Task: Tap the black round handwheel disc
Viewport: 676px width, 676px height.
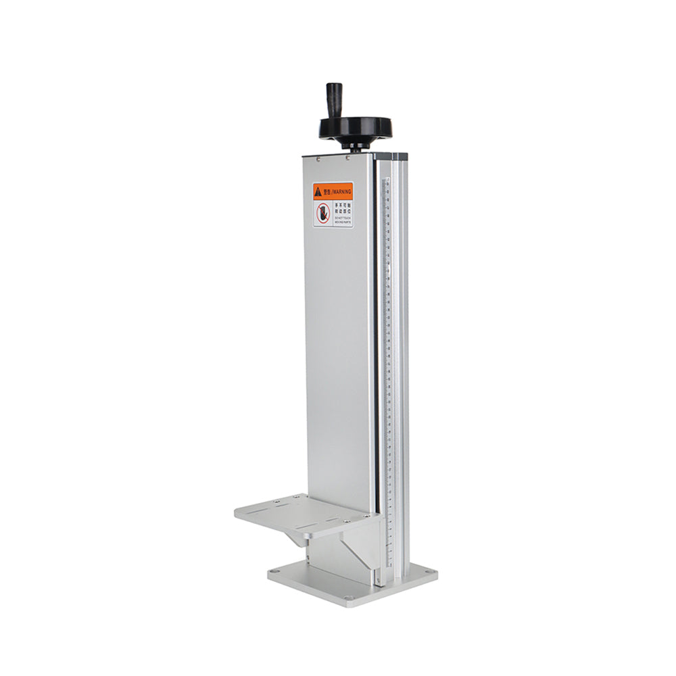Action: coord(356,127)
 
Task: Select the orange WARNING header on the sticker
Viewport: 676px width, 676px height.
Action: coord(333,191)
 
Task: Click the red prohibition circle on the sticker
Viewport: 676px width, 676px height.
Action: coord(322,214)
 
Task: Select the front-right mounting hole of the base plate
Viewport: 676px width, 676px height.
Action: coord(349,598)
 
